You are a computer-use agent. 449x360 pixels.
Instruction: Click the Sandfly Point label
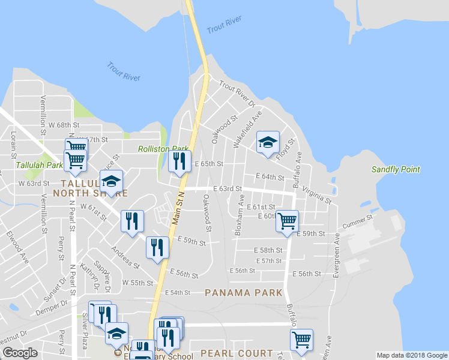click(x=395, y=170)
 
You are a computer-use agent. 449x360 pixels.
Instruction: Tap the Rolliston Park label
click(x=163, y=149)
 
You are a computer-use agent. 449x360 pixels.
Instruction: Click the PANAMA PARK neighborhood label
click(x=243, y=293)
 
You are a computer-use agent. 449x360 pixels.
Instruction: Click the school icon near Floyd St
click(x=268, y=143)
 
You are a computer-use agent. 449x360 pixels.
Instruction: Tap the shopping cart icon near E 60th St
click(x=287, y=221)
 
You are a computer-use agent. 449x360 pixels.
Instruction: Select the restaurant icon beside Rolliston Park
click(x=179, y=161)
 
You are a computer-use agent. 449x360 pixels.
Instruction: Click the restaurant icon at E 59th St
click(x=157, y=248)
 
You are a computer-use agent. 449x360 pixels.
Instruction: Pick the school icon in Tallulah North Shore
click(x=111, y=183)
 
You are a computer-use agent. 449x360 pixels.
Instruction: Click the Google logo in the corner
click(x=20, y=353)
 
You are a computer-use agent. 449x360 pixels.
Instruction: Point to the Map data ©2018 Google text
click(x=411, y=355)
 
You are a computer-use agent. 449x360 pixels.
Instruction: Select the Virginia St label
click(x=316, y=193)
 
